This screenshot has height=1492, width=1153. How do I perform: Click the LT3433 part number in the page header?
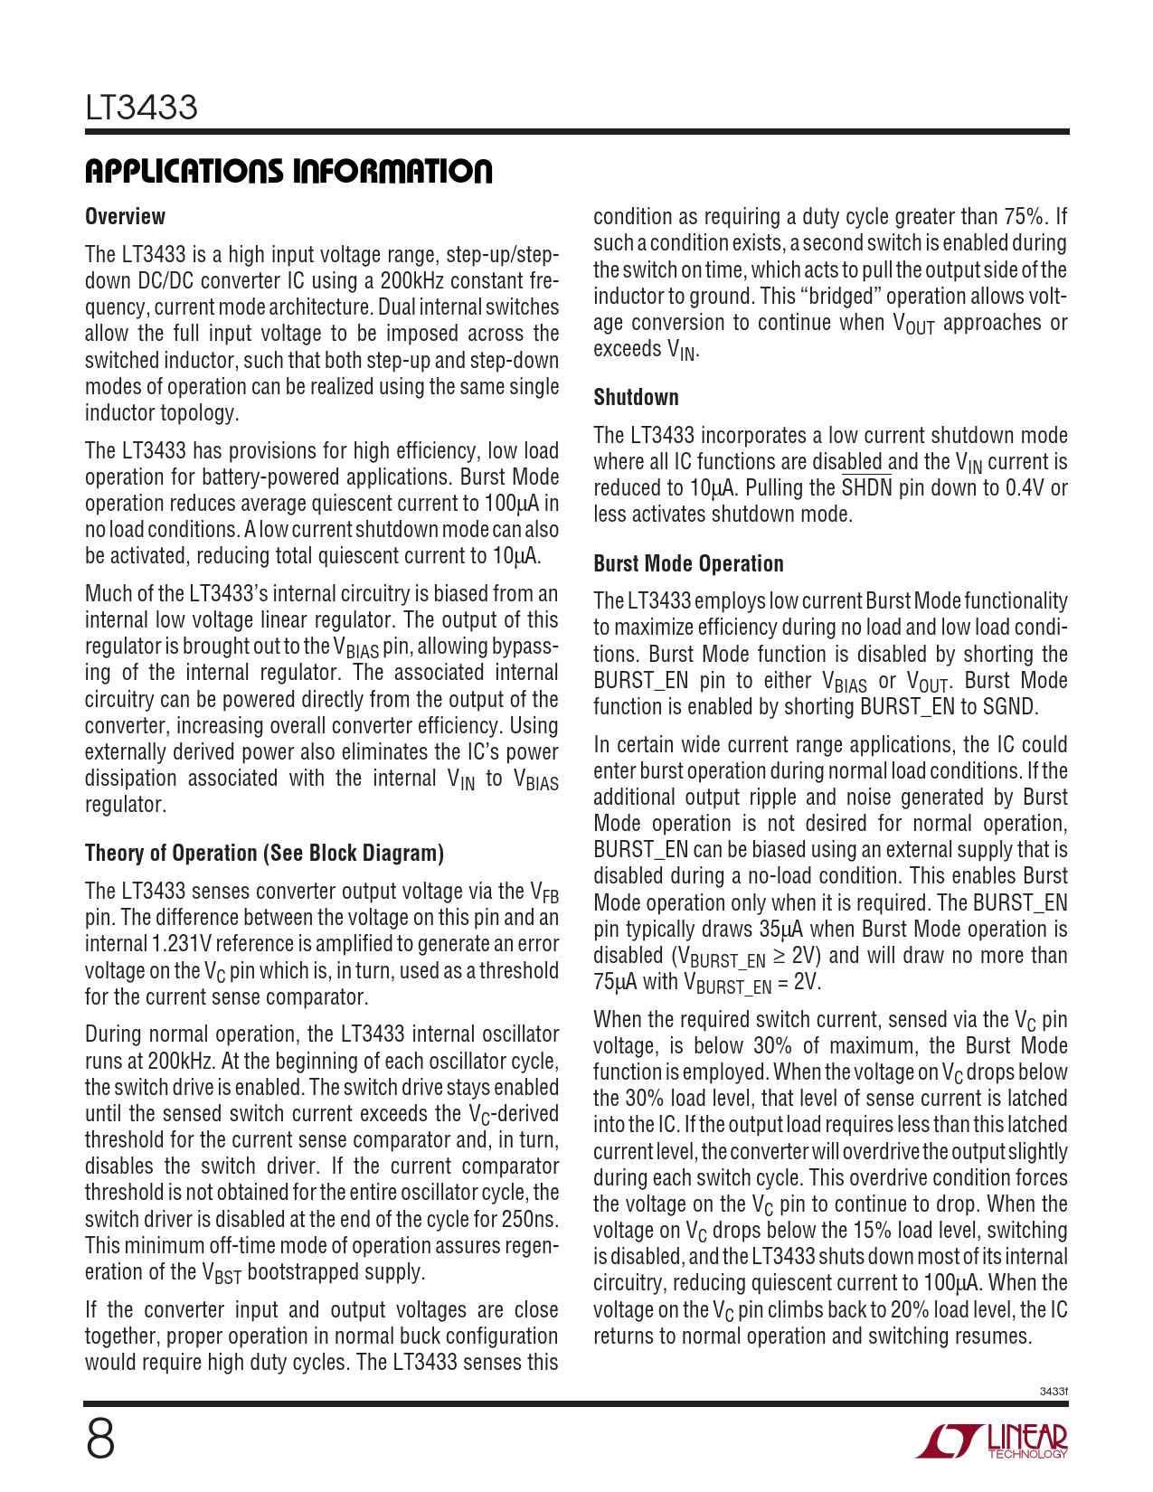click(141, 108)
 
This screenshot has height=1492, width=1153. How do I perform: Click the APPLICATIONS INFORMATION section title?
click(288, 171)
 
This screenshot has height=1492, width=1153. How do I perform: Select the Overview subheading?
click(125, 217)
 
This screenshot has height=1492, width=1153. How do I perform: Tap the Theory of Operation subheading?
click(264, 854)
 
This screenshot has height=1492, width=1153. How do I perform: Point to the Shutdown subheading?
click(636, 398)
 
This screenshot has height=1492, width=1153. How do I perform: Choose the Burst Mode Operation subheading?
click(688, 564)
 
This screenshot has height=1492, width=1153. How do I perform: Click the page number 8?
click(100, 1439)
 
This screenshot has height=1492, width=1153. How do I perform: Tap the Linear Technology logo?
click(992, 1440)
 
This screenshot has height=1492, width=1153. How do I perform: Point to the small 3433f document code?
click(1054, 1391)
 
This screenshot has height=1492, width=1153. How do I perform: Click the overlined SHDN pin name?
click(866, 488)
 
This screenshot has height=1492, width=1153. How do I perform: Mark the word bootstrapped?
click(298, 1272)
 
